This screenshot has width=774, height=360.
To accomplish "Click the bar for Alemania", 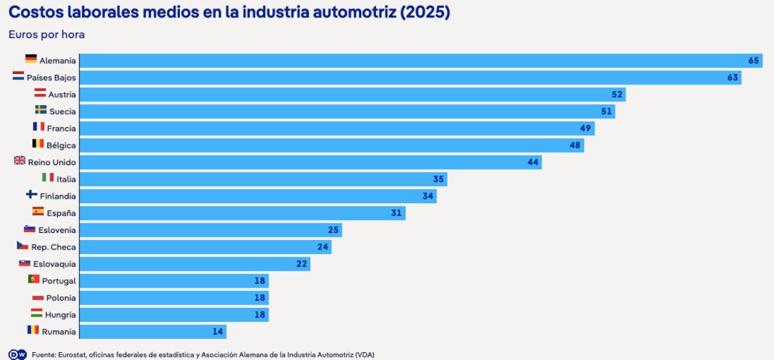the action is (x=421, y=61).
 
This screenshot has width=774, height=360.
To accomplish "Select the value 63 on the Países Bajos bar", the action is (x=733, y=77).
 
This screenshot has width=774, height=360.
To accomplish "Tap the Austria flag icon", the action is (x=40, y=93).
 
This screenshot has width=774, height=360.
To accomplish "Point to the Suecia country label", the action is (x=63, y=112).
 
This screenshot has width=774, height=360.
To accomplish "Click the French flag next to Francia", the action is (x=39, y=126).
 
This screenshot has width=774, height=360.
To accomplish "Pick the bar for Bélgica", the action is (x=332, y=145).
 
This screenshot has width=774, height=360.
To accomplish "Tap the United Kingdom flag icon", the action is (x=20, y=160).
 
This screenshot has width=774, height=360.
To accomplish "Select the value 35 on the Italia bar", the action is (x=438, y=179).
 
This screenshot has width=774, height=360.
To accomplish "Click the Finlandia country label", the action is (x=57, y=196).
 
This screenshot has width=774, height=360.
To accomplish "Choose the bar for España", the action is (x=243, y=213).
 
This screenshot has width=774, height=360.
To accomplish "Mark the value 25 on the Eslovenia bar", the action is (x=333, y=230).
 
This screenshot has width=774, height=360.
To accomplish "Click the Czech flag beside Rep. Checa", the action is (x=23, y=245).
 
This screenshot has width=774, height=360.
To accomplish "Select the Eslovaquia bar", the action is (x=195, y=264).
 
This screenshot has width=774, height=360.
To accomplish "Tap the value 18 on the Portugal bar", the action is (x=259, y=281).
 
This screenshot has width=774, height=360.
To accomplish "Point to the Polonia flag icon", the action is (x=38, y=296).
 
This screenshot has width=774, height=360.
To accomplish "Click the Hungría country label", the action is (x=61, y=315).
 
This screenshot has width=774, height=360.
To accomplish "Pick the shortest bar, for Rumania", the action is (x=153, y=332).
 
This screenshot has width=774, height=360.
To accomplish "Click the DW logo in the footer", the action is (x=17, y=354).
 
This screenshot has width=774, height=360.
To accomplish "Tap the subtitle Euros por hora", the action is (x=46, y=35).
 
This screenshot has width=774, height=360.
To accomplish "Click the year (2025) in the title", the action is (x=425, y=12).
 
